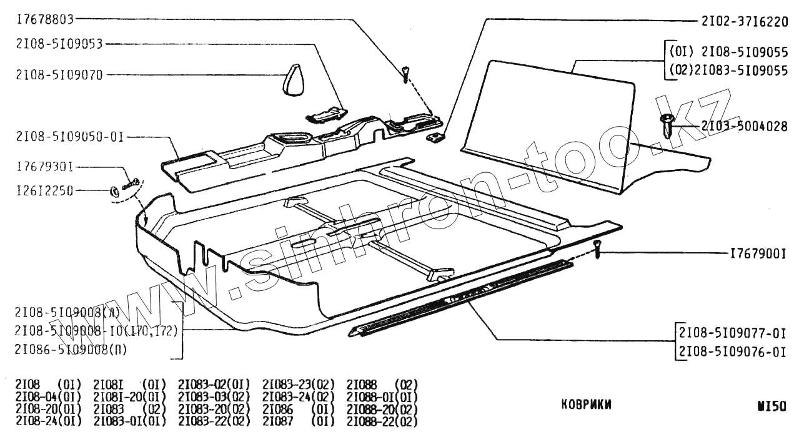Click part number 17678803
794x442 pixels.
point(45,19)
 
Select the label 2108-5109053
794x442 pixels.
point(59,44)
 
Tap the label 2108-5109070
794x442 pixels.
point(59,75)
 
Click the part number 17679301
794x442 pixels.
point(45,167)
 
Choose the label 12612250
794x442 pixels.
point(45,190)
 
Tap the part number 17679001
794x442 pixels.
point(757,254)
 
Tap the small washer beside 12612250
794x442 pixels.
point(115,191)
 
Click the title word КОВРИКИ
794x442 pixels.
point(587,405)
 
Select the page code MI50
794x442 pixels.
point(772,405)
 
